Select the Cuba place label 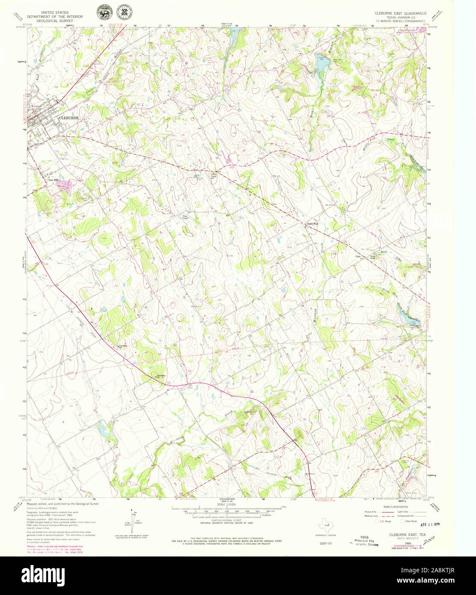358,256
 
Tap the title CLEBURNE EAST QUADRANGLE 400,13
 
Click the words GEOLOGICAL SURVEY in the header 60,20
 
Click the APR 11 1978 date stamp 430,524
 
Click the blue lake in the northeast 323,63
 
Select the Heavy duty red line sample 387,512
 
